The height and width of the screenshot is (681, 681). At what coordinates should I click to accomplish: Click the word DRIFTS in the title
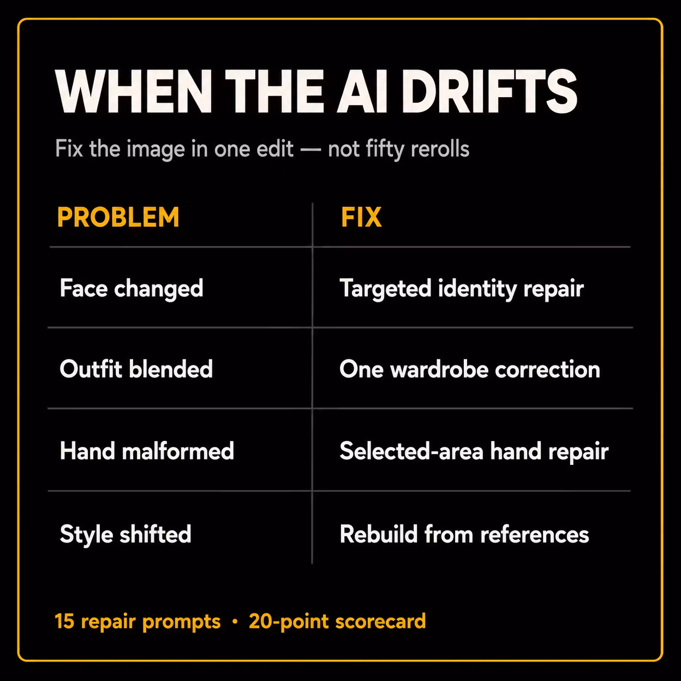[489, 91]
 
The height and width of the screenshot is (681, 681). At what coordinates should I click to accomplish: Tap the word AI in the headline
[362, 91]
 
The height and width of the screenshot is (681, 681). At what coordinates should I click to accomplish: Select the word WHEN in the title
[134, 91]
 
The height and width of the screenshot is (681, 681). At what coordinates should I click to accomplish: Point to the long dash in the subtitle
[311, 150]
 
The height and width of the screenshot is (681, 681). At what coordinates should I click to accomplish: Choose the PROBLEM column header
[118, 217]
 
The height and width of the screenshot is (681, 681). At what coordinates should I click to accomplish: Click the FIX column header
[361, 217]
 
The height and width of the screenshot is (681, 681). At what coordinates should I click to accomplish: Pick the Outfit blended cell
[136, 369]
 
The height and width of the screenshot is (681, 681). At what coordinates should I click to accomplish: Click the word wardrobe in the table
[439, 370]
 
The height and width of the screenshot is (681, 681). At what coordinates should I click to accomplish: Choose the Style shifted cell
[126, 534]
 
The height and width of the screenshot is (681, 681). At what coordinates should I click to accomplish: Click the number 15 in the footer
[65, 621]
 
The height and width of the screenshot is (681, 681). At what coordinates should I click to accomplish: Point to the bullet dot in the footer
[235, 622]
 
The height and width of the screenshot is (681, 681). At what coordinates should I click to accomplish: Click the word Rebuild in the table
[379, 534]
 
